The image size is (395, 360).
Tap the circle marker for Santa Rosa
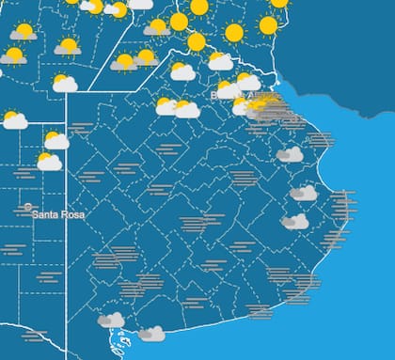point(28,207)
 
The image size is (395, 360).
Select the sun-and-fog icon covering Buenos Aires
point(264,106)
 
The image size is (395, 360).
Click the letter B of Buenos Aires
point(217,94)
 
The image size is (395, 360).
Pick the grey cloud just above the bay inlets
point(111,321)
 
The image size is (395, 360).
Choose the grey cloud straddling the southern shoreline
point(151,334)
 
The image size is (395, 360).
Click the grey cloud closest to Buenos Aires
point(290,153)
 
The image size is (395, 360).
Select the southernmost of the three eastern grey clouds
point(295,222)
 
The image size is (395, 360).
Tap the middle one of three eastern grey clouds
point(303,193)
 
